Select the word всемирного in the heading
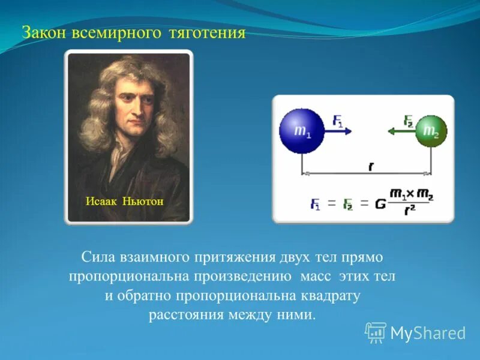(118, 33)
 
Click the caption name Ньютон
(143, 200)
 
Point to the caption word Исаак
(101, 200)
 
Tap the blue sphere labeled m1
(302, 131)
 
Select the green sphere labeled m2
(431, 131)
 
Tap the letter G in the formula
(380, 204)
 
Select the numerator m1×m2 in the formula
(410, 194)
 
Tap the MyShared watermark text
(428, 333)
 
